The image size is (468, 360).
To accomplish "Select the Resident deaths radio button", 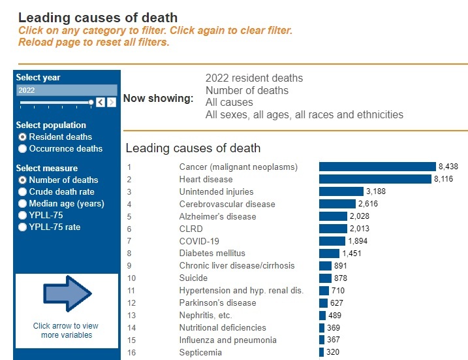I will tap(23, 137).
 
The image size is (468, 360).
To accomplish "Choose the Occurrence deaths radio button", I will tap(23, 149).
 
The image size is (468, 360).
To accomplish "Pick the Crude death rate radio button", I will tap(23, 192).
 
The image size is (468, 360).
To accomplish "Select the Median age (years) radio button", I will tap(23, 204).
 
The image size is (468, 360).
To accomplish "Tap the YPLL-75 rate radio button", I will tap(23, 227).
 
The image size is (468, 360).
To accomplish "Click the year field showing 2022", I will tap(66, 90).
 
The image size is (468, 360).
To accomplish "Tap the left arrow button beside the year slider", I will tap(100, 103).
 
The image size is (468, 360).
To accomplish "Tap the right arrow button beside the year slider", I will tap(110, 103).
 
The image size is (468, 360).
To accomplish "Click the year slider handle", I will tap(91, 103).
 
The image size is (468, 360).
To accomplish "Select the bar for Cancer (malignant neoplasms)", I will tap(377, 167).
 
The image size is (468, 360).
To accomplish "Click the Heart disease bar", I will tap(375, 179).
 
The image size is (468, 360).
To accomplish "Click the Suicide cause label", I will tap(194, 278).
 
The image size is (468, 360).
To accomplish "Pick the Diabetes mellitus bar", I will tap(329, 254).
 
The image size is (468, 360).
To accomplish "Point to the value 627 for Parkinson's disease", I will tap(337, 303).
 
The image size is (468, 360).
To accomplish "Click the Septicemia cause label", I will tap(200, 353).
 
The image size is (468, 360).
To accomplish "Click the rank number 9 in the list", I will tap(129, 266).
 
